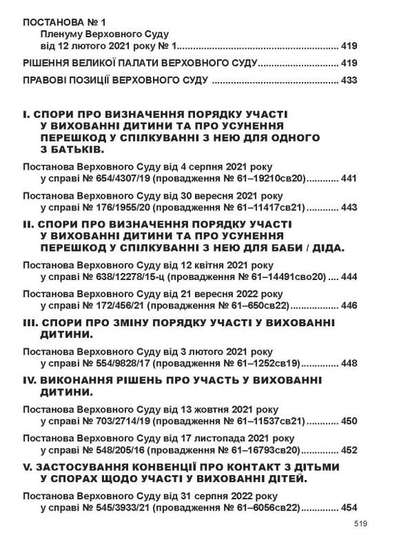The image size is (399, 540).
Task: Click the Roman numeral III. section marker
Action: coord(31,322)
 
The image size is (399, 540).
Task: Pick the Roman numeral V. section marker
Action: coord(27,467)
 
